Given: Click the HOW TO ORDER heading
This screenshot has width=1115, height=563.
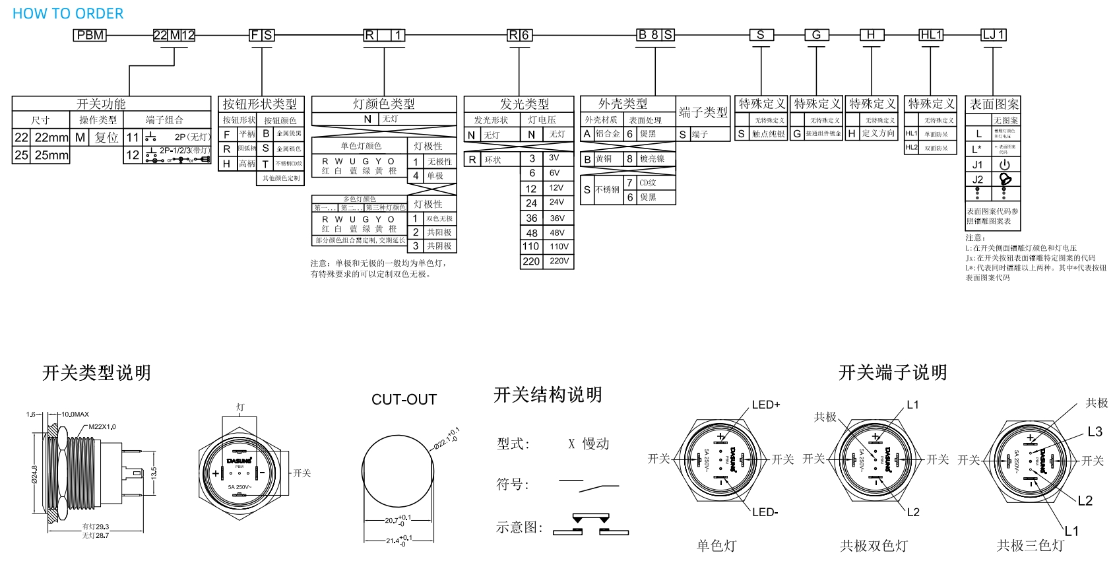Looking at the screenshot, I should pos(68,14).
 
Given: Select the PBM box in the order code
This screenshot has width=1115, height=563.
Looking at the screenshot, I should pos(90,35).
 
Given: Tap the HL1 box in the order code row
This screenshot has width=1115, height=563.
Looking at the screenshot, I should pos(931,35).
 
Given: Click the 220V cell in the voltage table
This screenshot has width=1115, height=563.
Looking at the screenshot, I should pos(559,261).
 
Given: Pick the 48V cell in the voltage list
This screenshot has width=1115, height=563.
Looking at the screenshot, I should pos(557,233).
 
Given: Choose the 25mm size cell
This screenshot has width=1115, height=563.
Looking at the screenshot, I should pos(51,155).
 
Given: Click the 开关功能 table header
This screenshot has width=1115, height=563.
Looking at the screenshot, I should pos(101,104).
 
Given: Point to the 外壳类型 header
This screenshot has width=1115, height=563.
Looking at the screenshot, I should pos(623,104).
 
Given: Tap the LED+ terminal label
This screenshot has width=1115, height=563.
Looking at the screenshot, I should pos(765,405).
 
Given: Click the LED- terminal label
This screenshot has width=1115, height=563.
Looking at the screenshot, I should pos(765,512).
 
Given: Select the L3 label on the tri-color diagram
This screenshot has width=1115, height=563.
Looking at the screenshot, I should pos(1095,432).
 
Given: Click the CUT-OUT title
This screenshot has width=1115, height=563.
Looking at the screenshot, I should pos(404,399).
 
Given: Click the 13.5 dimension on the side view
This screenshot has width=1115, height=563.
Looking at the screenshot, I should pos(154,473).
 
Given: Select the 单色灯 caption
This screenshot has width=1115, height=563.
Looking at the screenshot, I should pos(716,546).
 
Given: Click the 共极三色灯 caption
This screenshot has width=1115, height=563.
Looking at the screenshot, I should pos(1030,546).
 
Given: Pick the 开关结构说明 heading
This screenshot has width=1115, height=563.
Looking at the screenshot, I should pos(548,395).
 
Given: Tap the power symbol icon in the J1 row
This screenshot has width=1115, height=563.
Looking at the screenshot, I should pos(1005,164).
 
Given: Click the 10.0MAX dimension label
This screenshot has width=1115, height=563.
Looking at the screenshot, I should pos(75,414).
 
